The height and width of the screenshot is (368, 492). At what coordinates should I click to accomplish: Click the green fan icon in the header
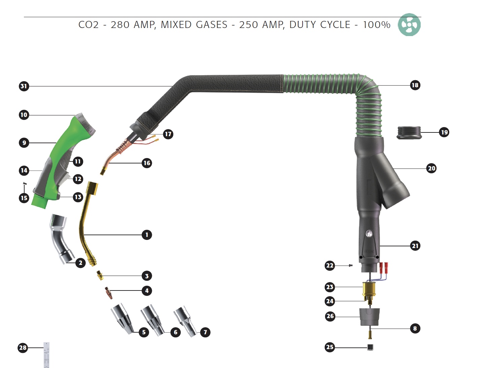(x=409, y=25)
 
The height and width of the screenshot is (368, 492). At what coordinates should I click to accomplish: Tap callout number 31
(x=24, y=86)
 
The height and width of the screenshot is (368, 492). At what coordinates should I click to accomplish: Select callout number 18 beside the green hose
(x=415, y=85)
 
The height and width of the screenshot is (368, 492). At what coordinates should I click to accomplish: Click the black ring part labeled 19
(x=409, y=132)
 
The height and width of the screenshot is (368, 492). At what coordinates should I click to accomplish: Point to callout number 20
(x=431, y=168)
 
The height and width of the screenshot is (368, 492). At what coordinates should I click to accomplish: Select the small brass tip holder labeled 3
(x=99, y=275)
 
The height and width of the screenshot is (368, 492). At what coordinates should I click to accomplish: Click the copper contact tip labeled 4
(x=108, y=293)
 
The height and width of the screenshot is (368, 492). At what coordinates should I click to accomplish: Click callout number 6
(x=175, y=332)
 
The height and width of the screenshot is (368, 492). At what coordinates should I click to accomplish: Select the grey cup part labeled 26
(x=370, y=316)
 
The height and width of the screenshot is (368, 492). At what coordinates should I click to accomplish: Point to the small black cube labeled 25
(x=370, y=347)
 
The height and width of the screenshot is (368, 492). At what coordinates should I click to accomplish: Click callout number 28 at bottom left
(x=23, y=347)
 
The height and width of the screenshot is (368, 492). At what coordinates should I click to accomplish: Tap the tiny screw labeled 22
(x=350, y=266)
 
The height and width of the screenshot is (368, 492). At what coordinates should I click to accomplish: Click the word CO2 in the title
(x=89, y=25)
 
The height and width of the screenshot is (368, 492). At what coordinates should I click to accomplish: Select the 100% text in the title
(x=376, y=25)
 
